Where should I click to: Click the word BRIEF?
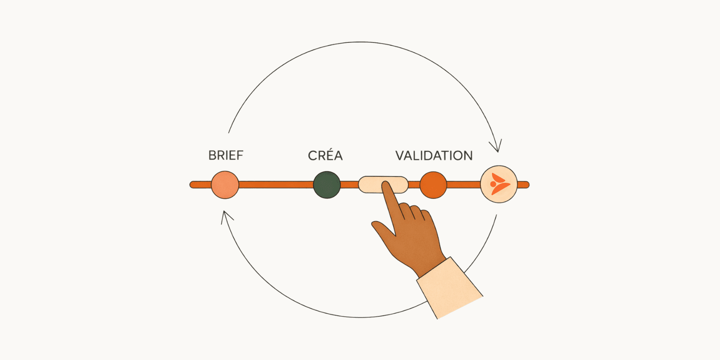click(x=226, y=155)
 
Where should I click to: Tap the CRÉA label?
click(x=325, y=156)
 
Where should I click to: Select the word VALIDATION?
click(x=434, y=156)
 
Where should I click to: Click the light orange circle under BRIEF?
click(x=225, y=185)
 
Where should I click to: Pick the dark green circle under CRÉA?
click(x=327, y=185)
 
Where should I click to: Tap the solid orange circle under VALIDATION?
click(x=433, y=185)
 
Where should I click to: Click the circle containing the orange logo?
click(x=499, y=184)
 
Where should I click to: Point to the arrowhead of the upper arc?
click(x=497, y=148)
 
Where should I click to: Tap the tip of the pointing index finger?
click(x=386, y=185)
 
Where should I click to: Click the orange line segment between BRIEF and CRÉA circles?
click(x=276, y=185)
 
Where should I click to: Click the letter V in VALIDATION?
click(x=400, y=156)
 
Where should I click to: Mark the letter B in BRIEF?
click(x=212, y=155)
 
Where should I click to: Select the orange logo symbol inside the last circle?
click(x=499, y=184)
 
